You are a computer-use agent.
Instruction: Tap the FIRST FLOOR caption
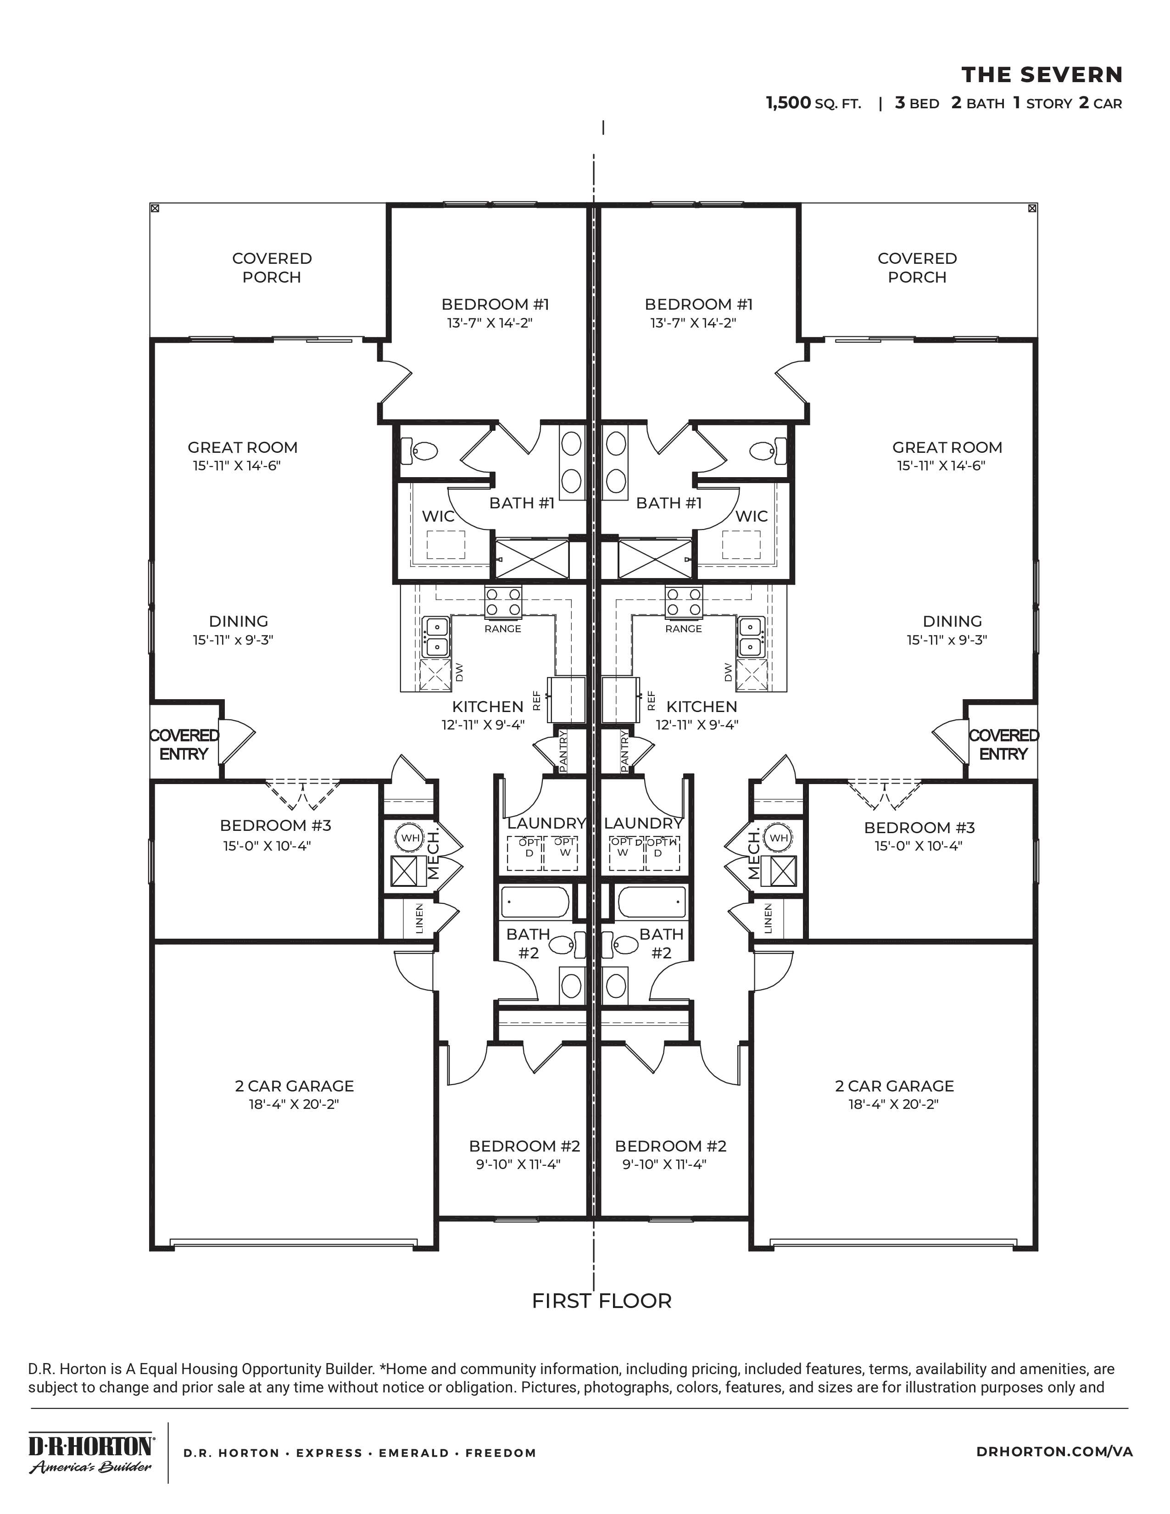click(x=602, y=1301)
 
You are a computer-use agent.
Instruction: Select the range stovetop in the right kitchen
click(x=684, y=602)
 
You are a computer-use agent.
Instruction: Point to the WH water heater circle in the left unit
click(x=410, y=837)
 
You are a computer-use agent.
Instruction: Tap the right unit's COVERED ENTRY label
click(x=1003, y=745)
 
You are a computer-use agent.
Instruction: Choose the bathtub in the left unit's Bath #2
click(x=535, y=902)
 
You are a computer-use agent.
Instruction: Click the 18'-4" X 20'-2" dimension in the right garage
click(x=893, y=1104)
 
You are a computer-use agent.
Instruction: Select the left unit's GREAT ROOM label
click(x=243, y=447)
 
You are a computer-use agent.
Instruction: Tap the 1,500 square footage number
click(x=788, y=103)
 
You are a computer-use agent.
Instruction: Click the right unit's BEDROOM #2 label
click(x=670, y=1146)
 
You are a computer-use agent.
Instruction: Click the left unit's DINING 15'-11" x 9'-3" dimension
click(x=233, y=640)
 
